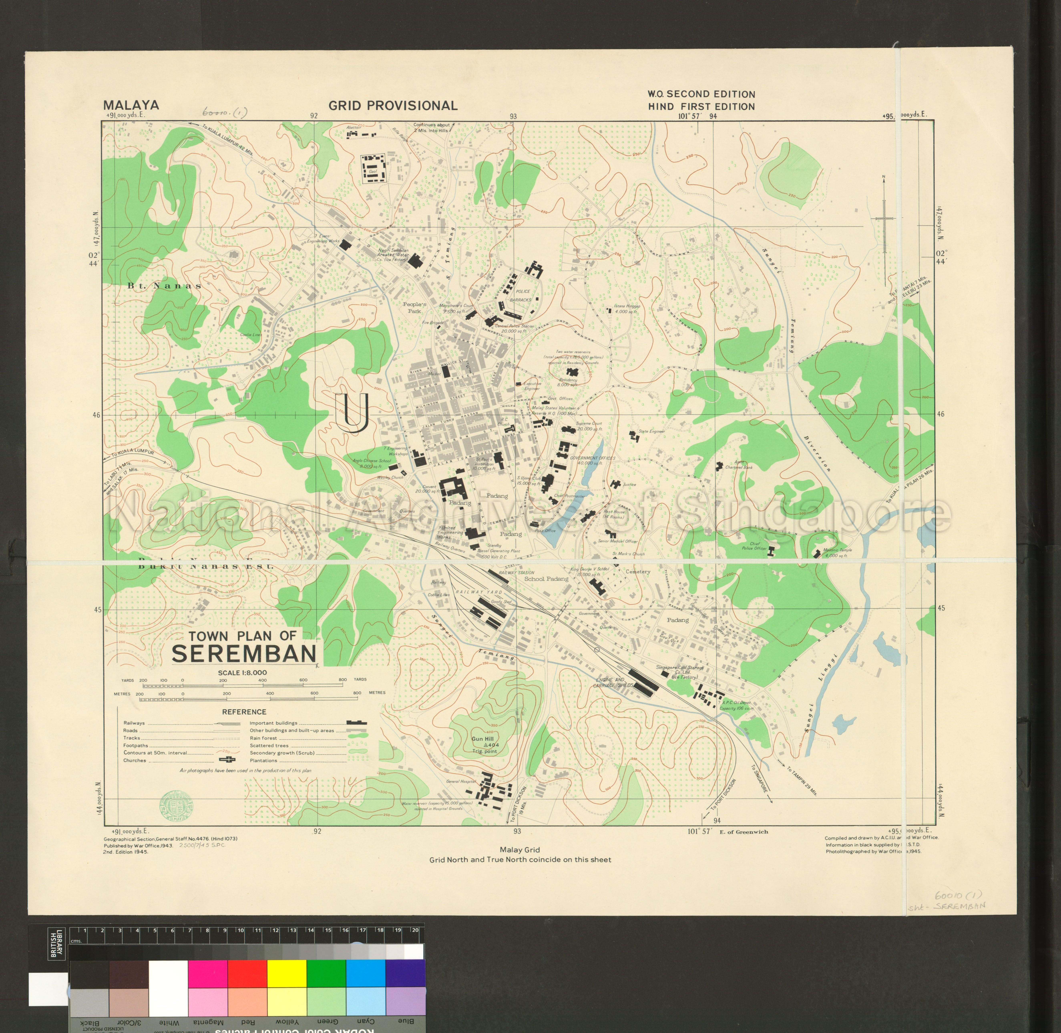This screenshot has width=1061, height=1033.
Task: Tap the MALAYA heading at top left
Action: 131,105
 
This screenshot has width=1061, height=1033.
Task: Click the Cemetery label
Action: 638,572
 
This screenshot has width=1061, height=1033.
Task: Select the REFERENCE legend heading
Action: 244,712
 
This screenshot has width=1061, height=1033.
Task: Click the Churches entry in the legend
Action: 135,760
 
